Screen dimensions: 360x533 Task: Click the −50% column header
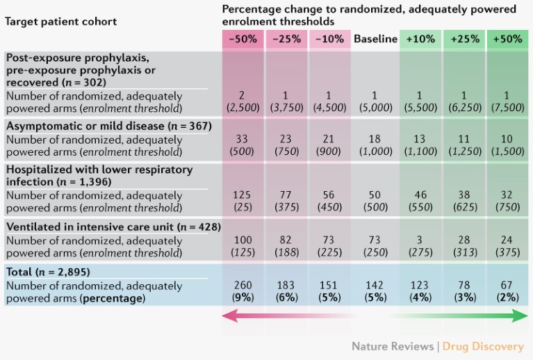[x=243, y=40]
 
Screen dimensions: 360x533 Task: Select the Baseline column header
[x=375, y=40]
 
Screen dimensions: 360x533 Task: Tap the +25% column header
[x=465, y=40]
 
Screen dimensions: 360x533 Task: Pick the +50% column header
[x=507, y=40]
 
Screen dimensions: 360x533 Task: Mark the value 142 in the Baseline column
[x=375, y=284]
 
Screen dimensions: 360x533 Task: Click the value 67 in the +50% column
[x=507, y=284]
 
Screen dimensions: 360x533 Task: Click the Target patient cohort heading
[x=61, y=22]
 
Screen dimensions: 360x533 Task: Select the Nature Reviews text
[x=391, y=346]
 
